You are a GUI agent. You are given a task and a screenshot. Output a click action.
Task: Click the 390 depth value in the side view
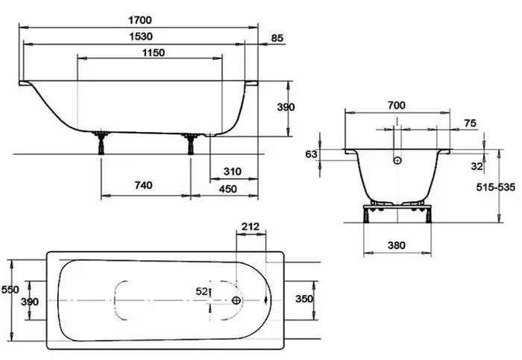286,107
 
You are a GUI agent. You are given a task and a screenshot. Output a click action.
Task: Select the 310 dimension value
232,171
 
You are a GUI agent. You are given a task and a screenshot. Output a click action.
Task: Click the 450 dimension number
227,189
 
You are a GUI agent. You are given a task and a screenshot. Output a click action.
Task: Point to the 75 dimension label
470,123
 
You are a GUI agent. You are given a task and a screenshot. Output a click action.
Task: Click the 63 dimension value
312,154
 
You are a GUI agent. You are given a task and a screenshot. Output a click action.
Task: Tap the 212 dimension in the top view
251,226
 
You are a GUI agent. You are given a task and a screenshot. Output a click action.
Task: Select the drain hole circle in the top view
236,300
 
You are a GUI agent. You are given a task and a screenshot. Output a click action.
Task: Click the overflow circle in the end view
397,159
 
